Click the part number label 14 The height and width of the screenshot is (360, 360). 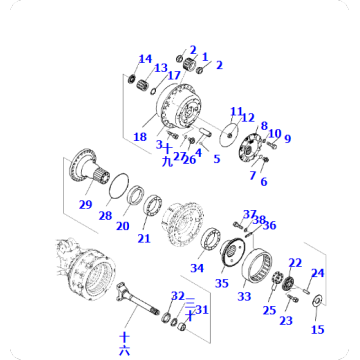[x=145, y=58]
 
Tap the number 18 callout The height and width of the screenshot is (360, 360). [x=140, y=137]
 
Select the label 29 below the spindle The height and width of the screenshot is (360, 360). [x=86, y=204]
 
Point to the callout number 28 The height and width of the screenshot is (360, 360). [x=105, y=215]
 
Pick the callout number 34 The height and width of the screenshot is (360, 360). [x=197, y=267]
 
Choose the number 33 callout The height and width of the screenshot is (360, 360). [x=245, y=296]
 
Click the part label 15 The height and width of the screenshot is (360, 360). [x=318, y=329]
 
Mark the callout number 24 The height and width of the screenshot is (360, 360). [x=318, y=272]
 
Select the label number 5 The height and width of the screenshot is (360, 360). [x=216, y=158]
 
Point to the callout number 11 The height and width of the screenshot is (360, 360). [x=236, y=111]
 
